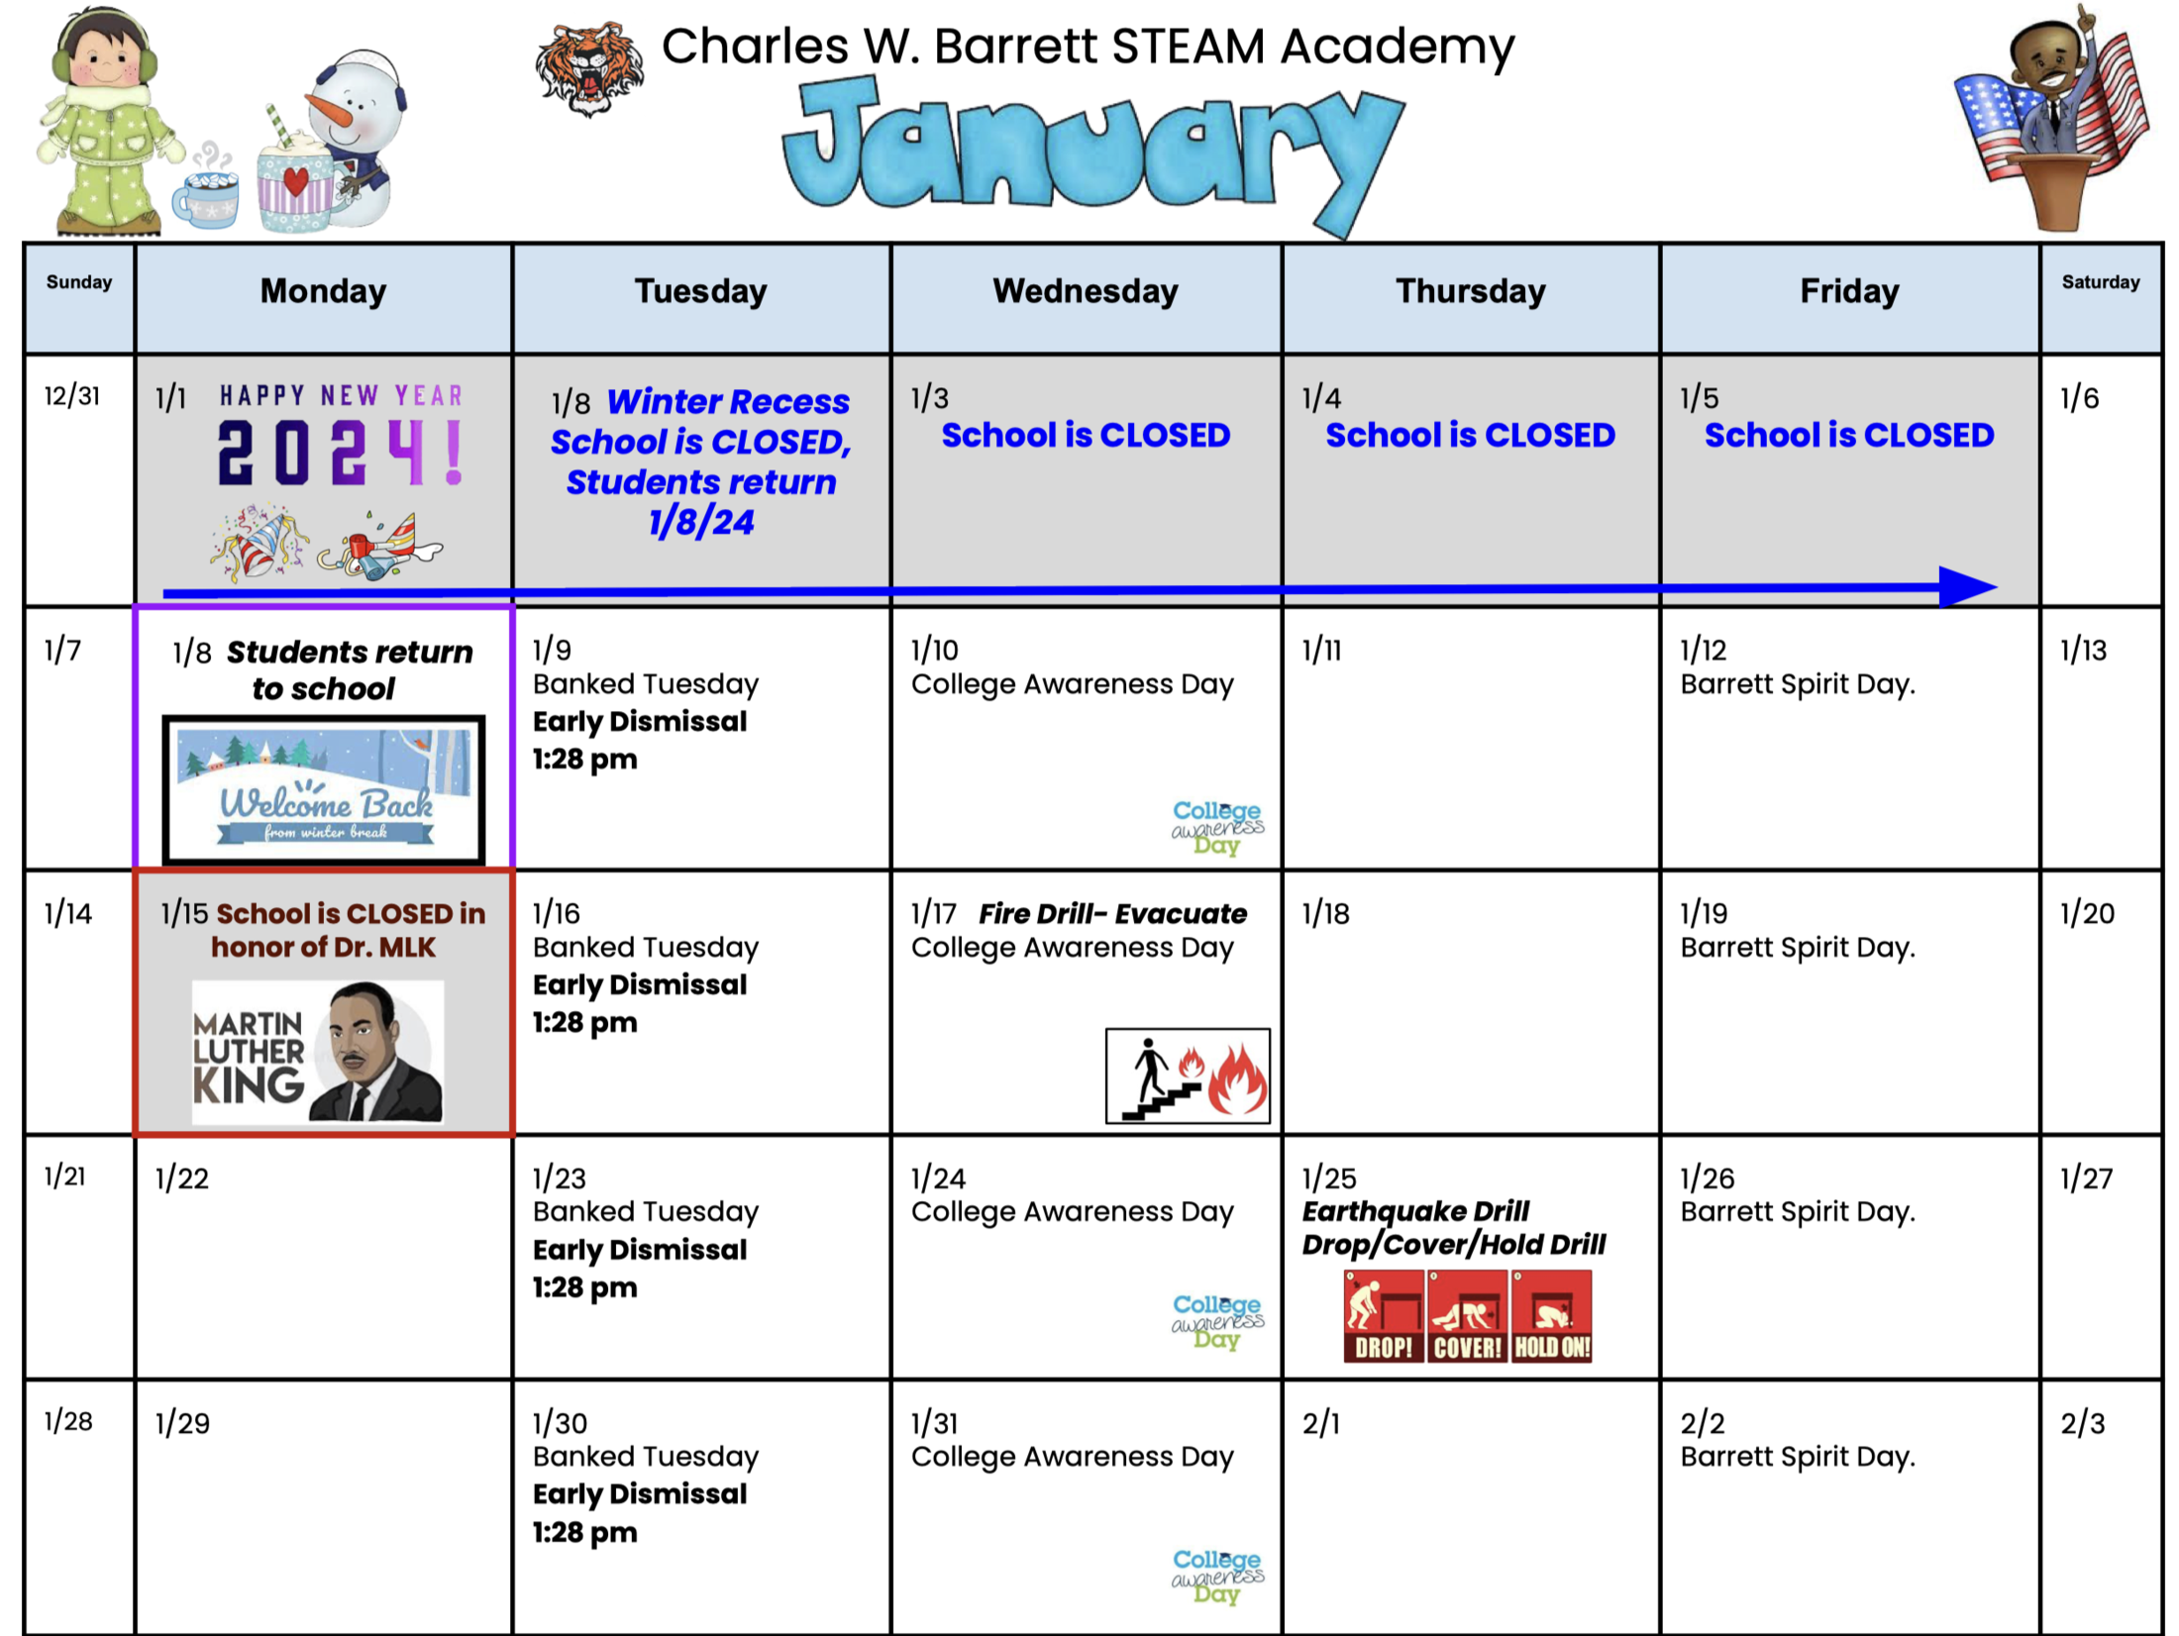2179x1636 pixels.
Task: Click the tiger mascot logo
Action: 589,68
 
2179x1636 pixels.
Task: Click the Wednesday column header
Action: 1086,291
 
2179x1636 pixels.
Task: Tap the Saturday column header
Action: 2101,282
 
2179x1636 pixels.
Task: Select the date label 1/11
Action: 1321,651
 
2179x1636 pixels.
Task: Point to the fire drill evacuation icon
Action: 1188,1075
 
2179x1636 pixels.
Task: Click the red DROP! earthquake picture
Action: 1384,1316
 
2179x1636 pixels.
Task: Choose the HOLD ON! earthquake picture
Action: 1552,1316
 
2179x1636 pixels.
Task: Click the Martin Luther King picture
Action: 318,1052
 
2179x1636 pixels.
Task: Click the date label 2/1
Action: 1320,1423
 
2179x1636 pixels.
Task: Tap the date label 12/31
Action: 72,396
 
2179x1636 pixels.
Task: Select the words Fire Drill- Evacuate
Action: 1112,913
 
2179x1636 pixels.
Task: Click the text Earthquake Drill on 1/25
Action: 1415,1211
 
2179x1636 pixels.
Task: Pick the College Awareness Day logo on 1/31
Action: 1217,1576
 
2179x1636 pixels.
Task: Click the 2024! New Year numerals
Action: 341,453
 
